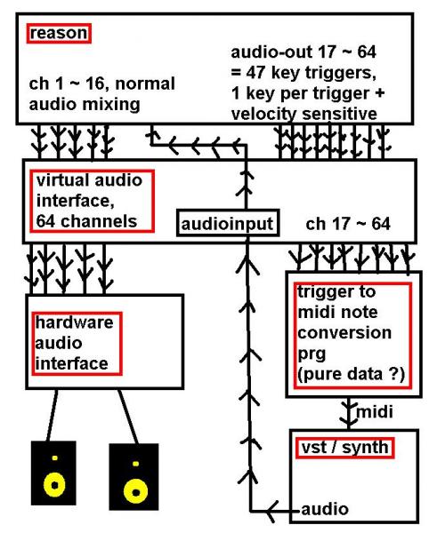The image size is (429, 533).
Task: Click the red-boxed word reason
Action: [59, 34]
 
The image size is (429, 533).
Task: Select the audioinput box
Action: [228, 223]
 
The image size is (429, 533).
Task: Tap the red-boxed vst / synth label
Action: [344, 448]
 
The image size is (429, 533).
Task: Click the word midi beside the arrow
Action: [374, 411]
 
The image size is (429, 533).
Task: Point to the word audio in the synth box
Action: [325, 509]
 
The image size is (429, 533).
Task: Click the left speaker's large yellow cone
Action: [54, 484]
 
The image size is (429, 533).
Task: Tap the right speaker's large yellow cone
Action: [135, 491]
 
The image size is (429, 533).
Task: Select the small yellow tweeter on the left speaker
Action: [55, 457]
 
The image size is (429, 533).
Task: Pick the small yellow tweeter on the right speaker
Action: [135, 464]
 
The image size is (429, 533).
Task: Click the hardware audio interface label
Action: [77, 343]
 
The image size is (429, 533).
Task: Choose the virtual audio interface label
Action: [92, 202]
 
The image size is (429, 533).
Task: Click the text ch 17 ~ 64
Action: [348, 225]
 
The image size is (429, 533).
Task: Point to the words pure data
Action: [341, 374]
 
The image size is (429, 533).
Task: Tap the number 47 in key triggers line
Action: [255, 73]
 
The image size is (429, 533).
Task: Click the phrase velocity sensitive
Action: [304, 114]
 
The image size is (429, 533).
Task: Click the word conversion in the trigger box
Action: [344, 333]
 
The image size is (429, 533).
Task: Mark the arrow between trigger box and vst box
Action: [348, 413]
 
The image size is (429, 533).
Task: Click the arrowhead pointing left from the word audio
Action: [271, 511]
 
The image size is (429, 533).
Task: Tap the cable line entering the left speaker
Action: [52, 416]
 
